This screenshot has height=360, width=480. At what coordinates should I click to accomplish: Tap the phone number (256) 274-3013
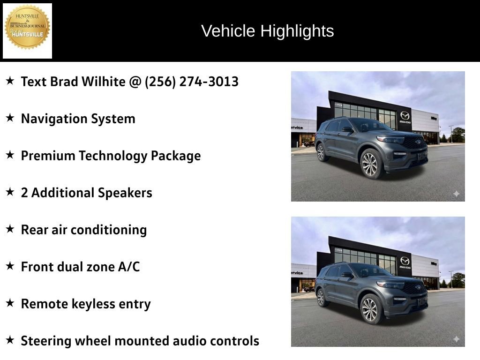point(192,82)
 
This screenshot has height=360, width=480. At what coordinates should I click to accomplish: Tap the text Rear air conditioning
point(84,230)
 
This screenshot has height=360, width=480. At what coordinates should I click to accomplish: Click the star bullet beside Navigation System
point(10,118)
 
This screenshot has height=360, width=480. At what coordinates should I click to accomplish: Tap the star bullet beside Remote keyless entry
point(10,303)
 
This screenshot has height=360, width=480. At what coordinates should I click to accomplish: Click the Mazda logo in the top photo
point(405,115)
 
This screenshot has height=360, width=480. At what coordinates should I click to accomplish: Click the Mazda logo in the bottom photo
point(405,261)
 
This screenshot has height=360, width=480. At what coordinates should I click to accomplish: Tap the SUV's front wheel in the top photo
point(370,164)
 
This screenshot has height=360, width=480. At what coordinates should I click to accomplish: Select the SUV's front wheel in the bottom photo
point(370,309)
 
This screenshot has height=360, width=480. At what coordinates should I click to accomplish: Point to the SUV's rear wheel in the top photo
point(321,152)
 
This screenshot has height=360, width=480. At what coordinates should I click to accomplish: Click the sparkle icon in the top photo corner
point(456,194)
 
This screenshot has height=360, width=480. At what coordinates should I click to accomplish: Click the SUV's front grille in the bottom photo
point(415,287)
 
